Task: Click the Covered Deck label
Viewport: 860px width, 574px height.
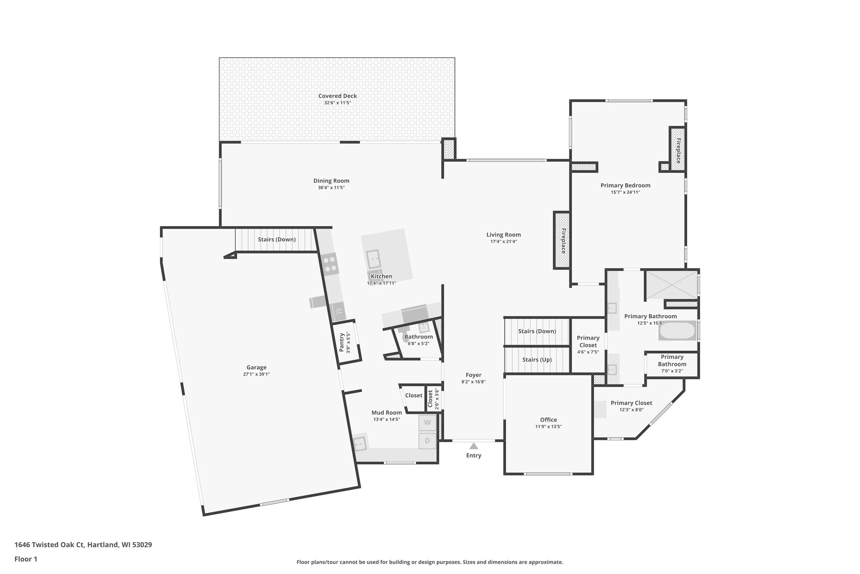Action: [337, 96]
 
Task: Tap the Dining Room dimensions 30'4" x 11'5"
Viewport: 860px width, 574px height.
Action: [331, 188]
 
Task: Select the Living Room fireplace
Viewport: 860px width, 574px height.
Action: [562, 240]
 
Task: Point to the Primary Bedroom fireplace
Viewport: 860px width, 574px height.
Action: [678, 149]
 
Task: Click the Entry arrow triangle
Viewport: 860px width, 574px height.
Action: [474, 446]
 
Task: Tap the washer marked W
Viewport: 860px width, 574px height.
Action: [427, 422]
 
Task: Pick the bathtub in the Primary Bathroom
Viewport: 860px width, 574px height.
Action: [677, 331]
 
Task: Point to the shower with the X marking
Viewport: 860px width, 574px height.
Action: [672, 284]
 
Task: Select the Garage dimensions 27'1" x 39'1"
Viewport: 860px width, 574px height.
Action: [256, 374]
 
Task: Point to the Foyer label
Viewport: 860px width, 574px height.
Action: [474, 375]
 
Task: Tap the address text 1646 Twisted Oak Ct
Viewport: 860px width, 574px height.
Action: [49, 545]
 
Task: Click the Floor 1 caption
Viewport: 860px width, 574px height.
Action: [26, 559]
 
